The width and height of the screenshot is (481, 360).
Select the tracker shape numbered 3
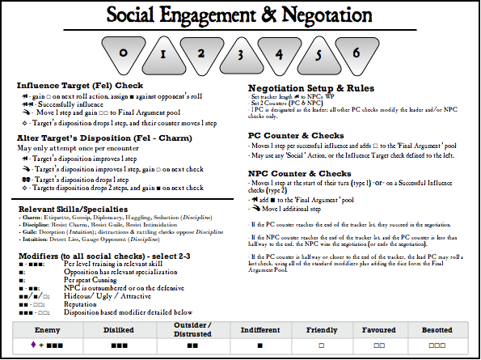(x=239, y=54)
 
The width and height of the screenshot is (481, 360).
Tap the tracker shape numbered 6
(x=357, y=54)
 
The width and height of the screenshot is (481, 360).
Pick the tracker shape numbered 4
(x=279, y=54)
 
